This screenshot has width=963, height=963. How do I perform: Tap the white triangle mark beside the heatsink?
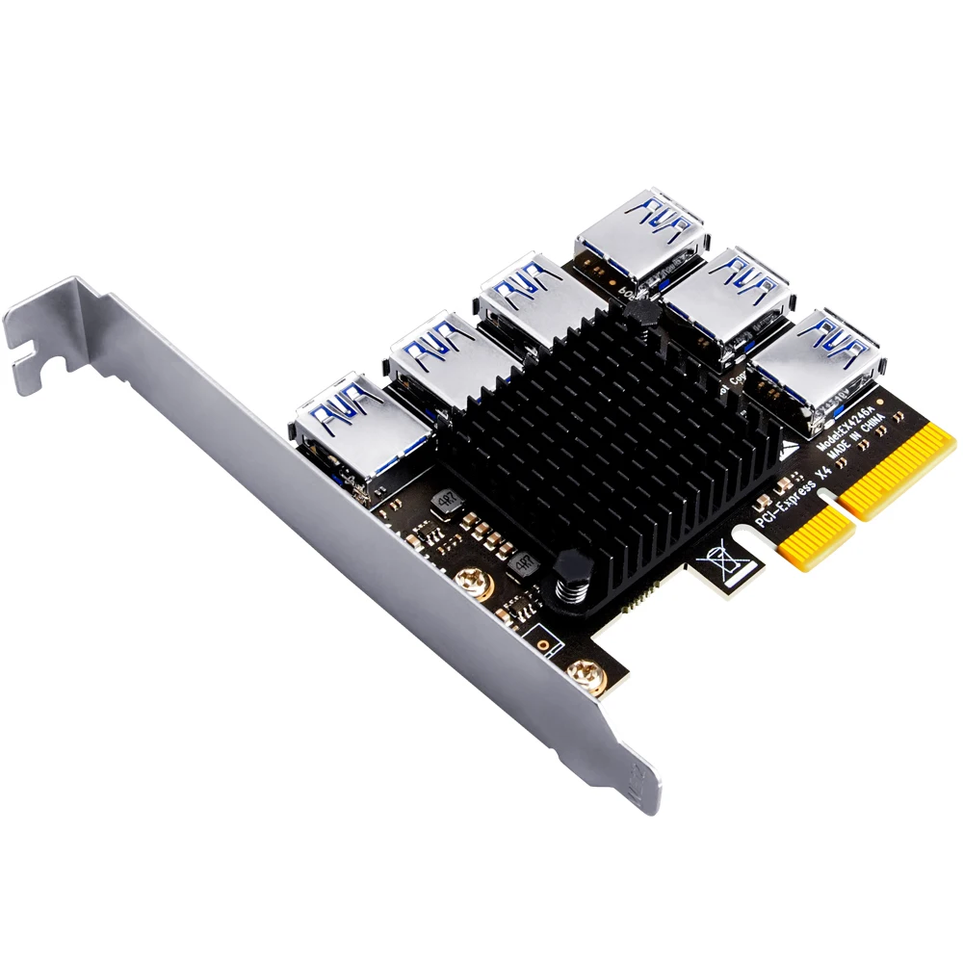(789, 448)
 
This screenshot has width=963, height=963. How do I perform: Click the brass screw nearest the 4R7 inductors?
(472, 581)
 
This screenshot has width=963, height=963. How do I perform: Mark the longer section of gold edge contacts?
(896, 467)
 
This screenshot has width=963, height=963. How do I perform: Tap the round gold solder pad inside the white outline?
(542, 641)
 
